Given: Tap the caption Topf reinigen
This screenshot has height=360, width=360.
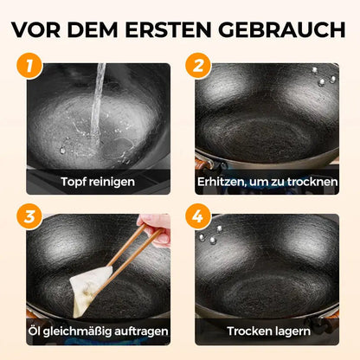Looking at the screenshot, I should [98, 182].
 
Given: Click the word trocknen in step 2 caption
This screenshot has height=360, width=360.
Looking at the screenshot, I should [311, 182].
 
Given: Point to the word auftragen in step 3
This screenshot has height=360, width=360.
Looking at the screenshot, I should [137, 331].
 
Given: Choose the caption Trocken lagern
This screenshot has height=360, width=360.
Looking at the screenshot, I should [267, 331].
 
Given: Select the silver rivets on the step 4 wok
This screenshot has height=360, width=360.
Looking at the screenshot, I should [209, 235].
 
